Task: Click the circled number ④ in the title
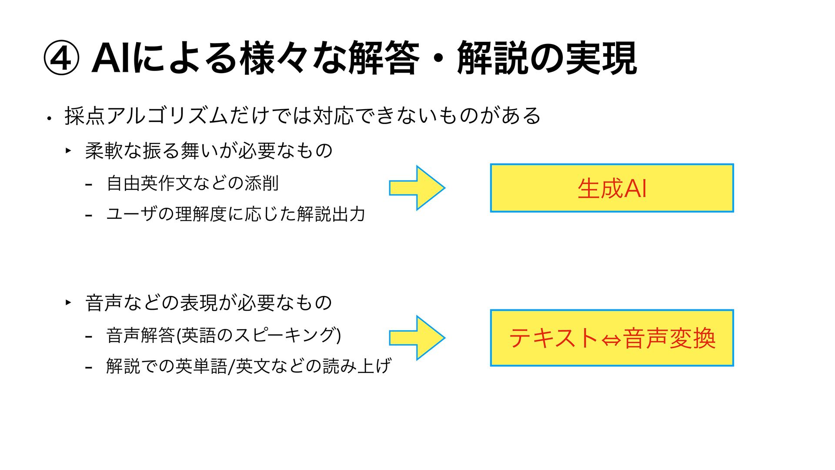pyautogui.click(x=61, y=58)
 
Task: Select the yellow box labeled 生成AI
pyautogui.click(x=612, y=188)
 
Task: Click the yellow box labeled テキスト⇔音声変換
pyautogui.click(x=612, y=338)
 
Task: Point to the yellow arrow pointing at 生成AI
pyautogui.click(x=417, y=188)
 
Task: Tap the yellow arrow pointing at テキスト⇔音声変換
pyautogui.click(x=417, y=338)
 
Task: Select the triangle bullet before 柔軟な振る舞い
pyautogui.click(x=68, y=151)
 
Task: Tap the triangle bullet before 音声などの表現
pyautogui.click(x=68, y=302)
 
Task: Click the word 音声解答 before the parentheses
pyautogui.click(x=140, y=335)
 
